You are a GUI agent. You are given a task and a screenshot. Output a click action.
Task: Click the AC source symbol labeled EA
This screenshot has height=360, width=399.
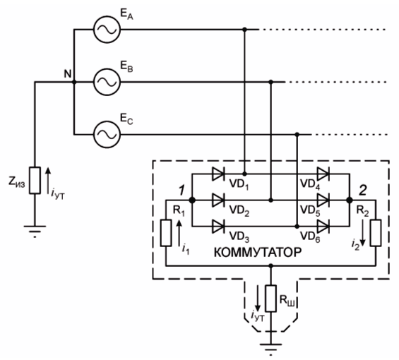[107, 30]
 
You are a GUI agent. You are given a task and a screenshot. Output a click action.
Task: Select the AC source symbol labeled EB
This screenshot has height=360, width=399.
[107, 82]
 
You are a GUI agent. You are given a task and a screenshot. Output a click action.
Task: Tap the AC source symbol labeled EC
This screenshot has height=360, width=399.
[107, 134]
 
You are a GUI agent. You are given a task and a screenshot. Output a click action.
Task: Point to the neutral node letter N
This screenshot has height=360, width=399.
[68, 74]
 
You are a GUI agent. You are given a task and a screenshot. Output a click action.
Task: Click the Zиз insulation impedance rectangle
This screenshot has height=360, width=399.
[35, 181]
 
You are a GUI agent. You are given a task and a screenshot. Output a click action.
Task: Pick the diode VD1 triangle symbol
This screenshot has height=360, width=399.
[218, 174]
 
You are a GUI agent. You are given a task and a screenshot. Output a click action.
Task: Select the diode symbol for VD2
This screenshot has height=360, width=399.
[218, 200]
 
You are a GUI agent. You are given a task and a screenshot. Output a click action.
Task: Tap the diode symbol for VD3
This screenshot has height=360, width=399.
[218, 226]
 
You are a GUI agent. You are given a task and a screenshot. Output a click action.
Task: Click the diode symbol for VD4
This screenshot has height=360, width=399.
[323, 174]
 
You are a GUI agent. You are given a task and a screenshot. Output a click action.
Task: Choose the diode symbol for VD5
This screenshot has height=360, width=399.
[323, 200]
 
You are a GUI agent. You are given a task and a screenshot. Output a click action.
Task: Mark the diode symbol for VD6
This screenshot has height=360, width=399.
[323, 226]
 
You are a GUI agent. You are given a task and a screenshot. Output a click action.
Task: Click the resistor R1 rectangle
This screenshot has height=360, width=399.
[166, 233]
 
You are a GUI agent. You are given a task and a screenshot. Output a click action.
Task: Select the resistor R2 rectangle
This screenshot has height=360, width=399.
[376, 233]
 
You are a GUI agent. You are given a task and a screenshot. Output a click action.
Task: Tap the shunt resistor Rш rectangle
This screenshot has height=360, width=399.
[270, 299]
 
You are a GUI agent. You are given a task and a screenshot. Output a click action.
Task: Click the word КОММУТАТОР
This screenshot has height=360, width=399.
[258, 253]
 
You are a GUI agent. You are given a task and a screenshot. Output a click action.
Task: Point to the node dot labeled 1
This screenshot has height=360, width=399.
[192, 200]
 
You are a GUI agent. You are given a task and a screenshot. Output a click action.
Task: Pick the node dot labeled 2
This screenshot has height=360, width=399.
[350, 200]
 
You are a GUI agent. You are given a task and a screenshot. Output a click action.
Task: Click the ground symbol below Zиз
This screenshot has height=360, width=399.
[35, 231]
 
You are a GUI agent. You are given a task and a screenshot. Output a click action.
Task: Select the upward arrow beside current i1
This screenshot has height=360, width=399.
[179, 233]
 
